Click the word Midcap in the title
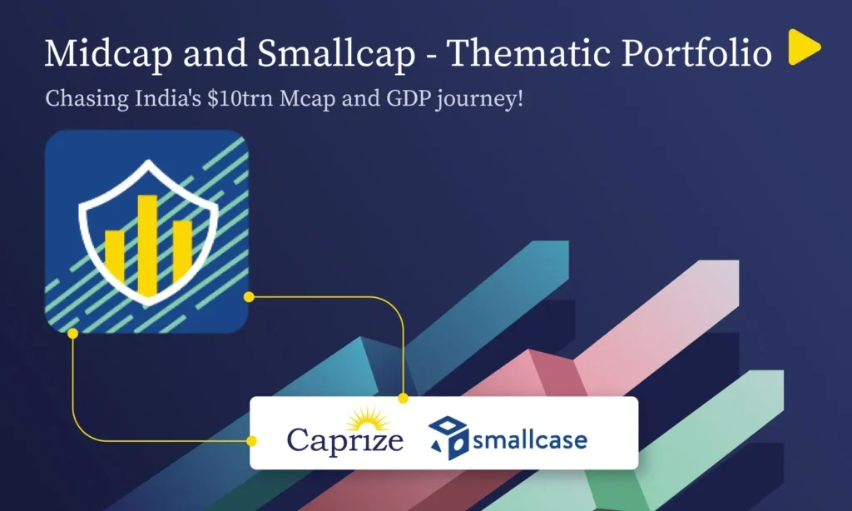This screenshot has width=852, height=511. click(109, 53)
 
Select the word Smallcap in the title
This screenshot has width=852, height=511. click(336, 54)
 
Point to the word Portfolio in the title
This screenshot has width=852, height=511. click(696, 53)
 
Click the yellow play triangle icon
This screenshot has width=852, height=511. click(803, 47)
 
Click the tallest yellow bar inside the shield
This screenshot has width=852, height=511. click(147, 246)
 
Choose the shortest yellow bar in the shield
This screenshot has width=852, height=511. click(115, 256)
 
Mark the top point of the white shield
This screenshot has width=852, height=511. click(148, 161)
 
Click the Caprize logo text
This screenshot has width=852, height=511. click(345, 440)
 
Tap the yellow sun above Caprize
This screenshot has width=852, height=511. click(369, 419)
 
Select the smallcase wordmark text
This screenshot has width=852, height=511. click(530, 439)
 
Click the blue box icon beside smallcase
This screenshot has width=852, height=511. click(448, 437)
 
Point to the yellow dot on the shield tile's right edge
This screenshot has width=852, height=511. click(249, 297)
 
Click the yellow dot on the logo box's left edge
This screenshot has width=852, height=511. click(251, 441)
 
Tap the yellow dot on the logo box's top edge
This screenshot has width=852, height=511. click(404, 399)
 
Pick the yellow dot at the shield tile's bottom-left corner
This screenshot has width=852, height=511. click(73, 333)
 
